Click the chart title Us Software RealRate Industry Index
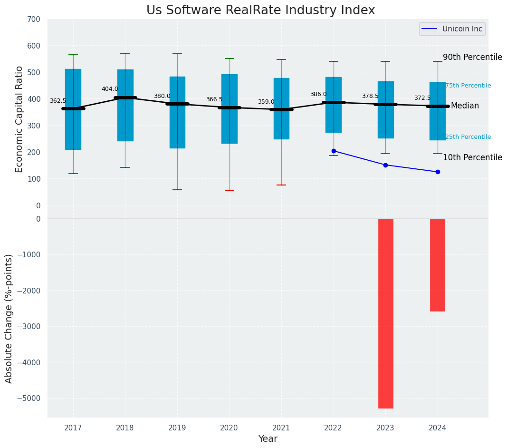point(260,10)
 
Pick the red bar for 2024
point(438,264)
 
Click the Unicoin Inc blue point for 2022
point(334,151)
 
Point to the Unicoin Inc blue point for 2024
point(438,172)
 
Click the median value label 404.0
point(110,89)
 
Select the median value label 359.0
point(266,102)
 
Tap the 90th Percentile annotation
point(472,57)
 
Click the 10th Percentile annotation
point(472,157)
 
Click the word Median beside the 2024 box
point(465,106)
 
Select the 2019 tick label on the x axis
point(177,428)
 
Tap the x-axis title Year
point(268,439)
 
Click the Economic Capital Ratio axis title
point(19,119)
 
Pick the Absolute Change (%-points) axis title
point(9,318)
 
